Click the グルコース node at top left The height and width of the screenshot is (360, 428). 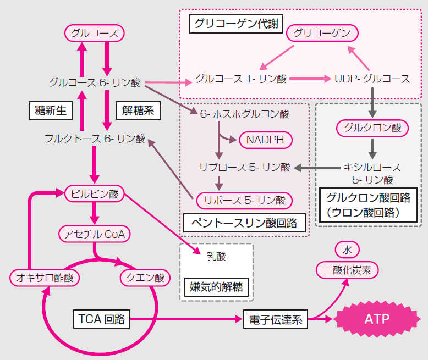click(x=95, y=33)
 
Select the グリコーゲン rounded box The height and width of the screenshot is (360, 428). click(x=322, y=33)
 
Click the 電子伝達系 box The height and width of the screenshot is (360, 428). click(x=276, y=319)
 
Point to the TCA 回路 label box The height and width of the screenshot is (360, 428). click(x=102, y=318)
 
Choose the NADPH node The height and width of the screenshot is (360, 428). click(x=265, y=140)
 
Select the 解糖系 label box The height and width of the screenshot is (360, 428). click(x=138, y=110)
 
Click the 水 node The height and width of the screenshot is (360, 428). click(x=347, y=250)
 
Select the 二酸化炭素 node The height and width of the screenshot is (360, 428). click(x=347, y=270)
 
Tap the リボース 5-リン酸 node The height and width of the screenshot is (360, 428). click(x=244, y=200)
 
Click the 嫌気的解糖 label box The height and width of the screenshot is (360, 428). click(x=216, y=286)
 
